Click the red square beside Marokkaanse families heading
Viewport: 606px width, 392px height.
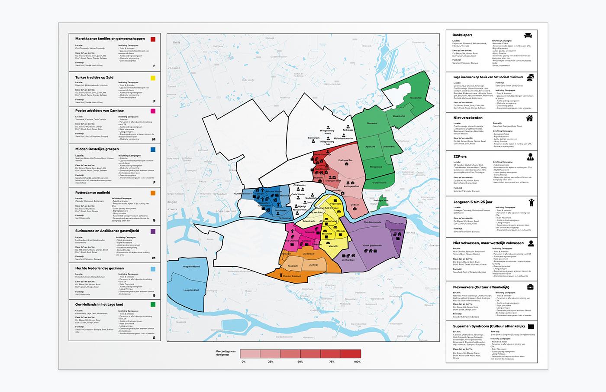[153, 39]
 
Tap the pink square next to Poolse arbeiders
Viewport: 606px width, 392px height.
[153, 111]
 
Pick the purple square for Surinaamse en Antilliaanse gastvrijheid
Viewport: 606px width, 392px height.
[153, 231]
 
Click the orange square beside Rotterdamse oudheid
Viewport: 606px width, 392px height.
[153, 193]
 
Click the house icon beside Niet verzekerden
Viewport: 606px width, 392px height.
[529, 118]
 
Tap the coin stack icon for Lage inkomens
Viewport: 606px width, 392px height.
[530, 77]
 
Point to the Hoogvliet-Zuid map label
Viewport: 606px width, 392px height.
[191, 290]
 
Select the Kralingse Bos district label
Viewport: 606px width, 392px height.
[345, 161]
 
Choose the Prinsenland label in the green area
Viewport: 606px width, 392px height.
[376, 167]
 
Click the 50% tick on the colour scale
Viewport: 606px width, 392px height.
[300, 361]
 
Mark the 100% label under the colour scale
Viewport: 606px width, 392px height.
[357, 361]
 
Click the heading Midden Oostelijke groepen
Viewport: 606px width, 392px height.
[100, 149]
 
